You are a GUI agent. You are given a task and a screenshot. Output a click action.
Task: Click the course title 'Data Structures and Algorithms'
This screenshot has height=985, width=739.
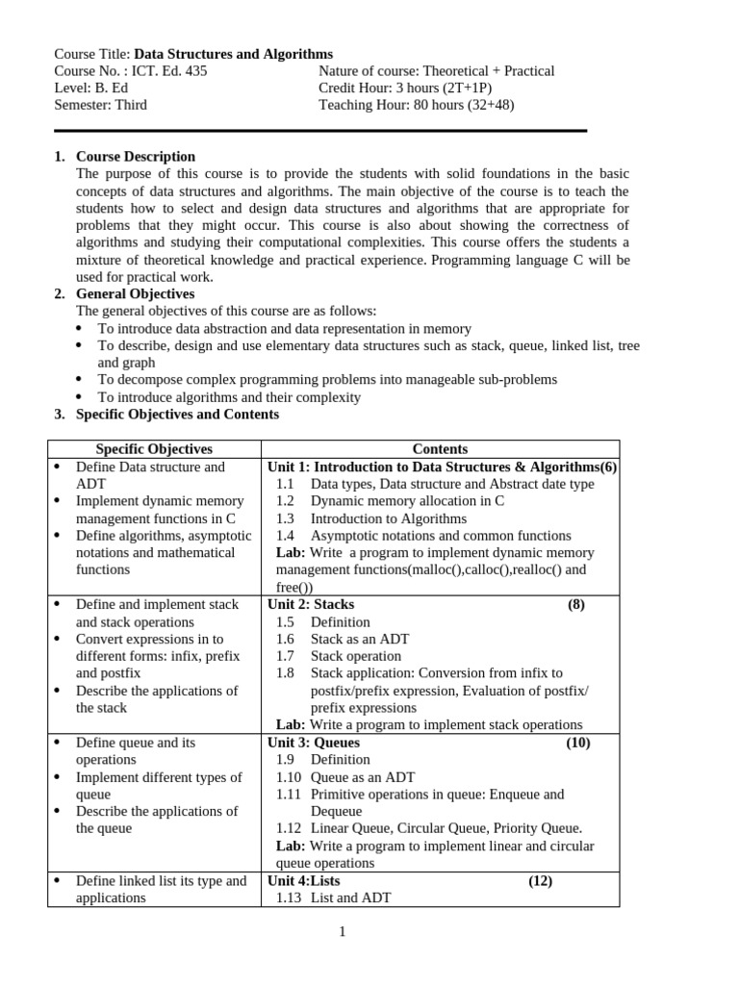233,54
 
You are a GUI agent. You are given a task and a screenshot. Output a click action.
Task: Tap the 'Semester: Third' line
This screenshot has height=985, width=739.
100,105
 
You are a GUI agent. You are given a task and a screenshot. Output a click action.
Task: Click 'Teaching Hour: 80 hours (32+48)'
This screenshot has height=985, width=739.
416,105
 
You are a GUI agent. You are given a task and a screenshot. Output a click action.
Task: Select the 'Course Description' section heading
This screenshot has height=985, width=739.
135,157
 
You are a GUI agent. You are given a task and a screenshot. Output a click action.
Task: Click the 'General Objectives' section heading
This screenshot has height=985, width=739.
135,293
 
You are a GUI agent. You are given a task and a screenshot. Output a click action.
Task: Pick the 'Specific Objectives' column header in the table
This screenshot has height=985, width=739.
154,449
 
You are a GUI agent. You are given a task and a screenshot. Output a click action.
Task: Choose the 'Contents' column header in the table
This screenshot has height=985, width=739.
440,449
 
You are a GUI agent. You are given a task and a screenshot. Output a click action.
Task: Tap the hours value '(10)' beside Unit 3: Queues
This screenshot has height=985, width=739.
577,743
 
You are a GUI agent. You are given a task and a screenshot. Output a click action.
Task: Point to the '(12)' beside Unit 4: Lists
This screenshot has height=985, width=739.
540,880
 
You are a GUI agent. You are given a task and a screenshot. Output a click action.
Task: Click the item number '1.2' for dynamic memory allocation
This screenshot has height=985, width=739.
285,501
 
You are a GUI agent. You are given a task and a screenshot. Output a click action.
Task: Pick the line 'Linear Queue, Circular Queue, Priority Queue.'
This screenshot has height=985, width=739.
446,828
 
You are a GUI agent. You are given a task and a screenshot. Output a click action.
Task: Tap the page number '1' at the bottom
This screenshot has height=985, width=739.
342,931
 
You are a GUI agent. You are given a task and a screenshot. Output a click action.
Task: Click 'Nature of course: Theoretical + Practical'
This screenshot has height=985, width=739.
436,71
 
